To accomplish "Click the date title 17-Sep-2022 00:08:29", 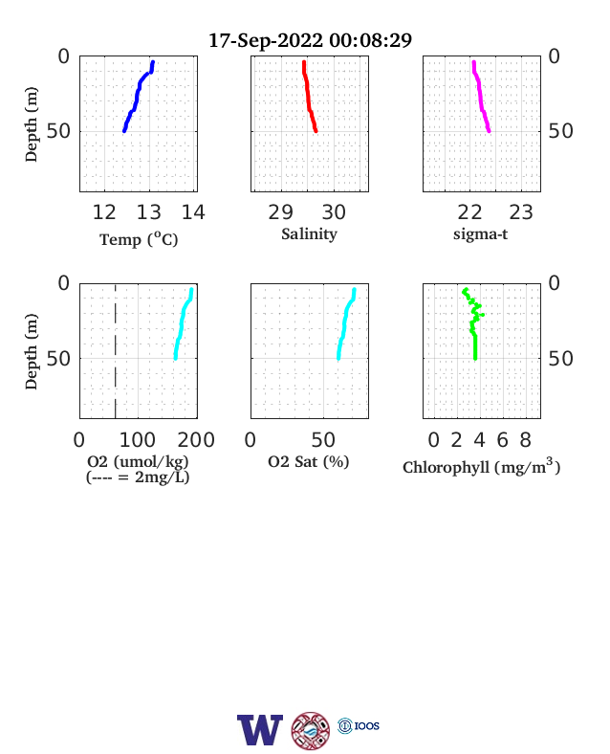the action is coord(311,40).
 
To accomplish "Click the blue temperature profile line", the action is coord(138,96).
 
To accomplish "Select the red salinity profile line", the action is coord(308,96).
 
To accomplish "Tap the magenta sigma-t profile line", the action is coord(480,96).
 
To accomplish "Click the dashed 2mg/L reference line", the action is coord(116,351).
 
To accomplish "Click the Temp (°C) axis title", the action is coord(139,239).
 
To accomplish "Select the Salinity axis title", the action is coord(310,234).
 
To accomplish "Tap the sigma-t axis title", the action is coord(480,234).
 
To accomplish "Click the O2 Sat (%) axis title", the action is coord(309,461).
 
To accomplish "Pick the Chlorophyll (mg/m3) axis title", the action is coord(481,467).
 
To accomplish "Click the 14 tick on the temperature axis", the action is coord(193,212).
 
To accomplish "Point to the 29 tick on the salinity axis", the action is coord(280,212).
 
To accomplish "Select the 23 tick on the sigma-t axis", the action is coord(521,212).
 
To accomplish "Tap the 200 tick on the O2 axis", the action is coord(196,439).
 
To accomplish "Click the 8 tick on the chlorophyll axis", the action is coord(526,439).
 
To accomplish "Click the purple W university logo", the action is coord(260,730).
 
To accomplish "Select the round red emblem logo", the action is coord(311,730).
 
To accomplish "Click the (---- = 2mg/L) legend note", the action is coord(138,477).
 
